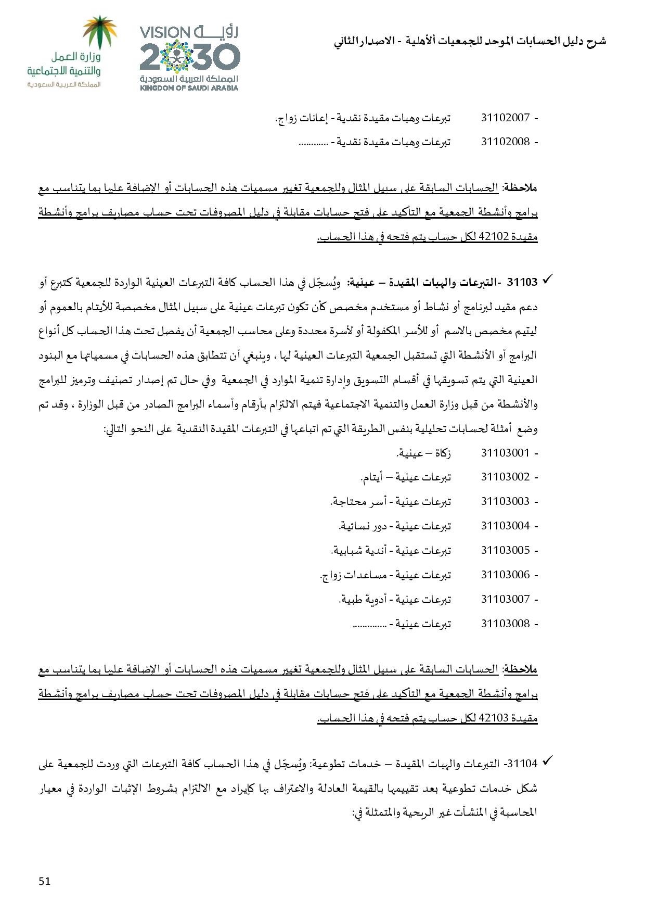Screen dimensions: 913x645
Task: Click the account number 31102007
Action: (505, 118)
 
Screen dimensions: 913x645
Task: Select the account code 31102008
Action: (505, 142)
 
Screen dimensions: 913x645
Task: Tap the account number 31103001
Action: (505, 453)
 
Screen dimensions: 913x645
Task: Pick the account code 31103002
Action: (505, 477)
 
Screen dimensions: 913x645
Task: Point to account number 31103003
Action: (505, 501)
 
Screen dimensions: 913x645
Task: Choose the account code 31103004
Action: (505, 526)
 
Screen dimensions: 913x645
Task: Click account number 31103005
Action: (505, 550)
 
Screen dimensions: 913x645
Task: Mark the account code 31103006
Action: (505, 575)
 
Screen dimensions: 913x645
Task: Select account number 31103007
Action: (505, 599)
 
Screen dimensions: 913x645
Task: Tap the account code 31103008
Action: (505, 624)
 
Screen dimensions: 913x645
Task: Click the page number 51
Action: (45, 881)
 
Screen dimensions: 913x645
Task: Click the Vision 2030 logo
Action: (189, 57)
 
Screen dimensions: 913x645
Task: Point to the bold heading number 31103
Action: (522, 283)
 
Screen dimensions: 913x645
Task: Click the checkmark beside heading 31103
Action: (547, 281)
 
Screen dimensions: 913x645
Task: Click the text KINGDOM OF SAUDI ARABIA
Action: (189, 88)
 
